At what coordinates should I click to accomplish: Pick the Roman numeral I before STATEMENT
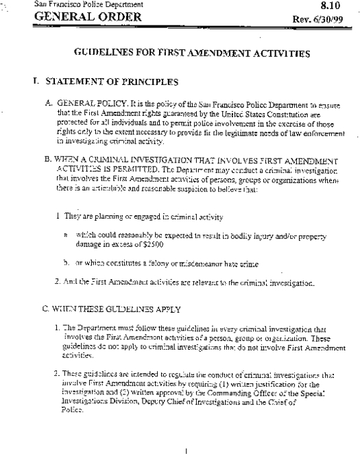[34, 82]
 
